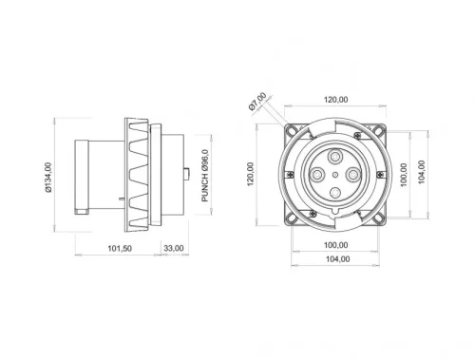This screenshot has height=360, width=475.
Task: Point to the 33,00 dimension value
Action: pyautogui.click(x=175, y=249)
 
